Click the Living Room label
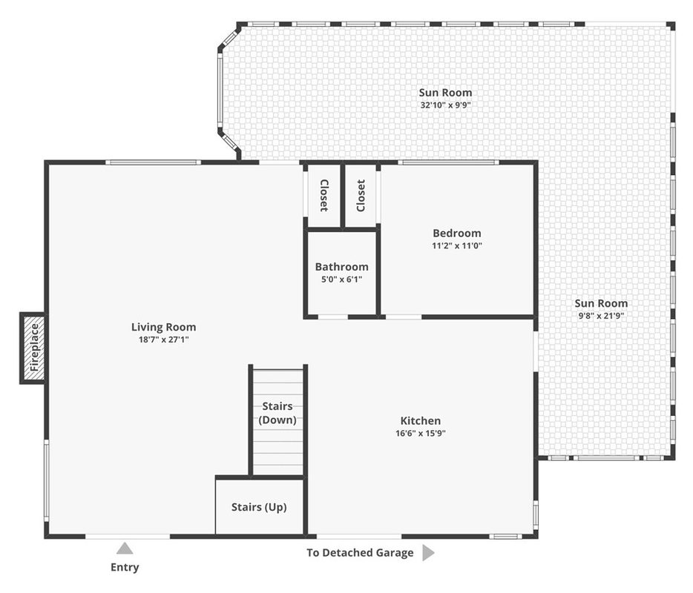[x=163, y=327]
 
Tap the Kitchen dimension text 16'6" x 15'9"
[x=420, y=433]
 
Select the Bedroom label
[x=457, y=233]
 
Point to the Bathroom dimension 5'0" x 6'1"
[x=341, y=279]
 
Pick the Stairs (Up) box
[x=260, y=506]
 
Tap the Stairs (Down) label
[x=277, y=413]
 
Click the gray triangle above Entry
[x=125, y=548]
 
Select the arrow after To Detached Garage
[x=428, y=552]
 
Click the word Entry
[x=125, y=567]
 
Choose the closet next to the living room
[x=324, y=195]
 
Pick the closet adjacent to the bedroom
[x=361, y=195]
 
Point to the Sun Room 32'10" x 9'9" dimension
[x=445, y=105]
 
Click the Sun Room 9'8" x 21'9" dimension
[x=601, y=316]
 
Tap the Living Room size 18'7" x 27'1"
[x=163, y=339]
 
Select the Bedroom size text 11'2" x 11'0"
[x=457, y=245]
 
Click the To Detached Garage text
[x=360, y=553]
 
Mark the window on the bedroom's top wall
[x=448, y=162]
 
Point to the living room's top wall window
[x=154, y=162]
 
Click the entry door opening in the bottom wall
[x=128, y=537]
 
